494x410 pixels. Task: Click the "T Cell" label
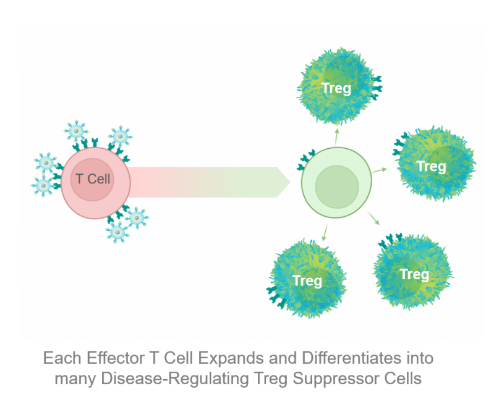(93, 179)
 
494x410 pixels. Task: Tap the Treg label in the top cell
(336, 88)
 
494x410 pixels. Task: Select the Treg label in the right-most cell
(431, 166)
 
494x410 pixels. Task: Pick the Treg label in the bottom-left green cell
(307, 281)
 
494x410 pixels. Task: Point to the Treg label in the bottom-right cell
(414, 274)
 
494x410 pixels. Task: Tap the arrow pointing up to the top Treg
(337, 136)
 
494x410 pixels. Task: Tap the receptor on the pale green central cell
(305, 162)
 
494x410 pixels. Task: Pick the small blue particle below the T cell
(117, 232)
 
